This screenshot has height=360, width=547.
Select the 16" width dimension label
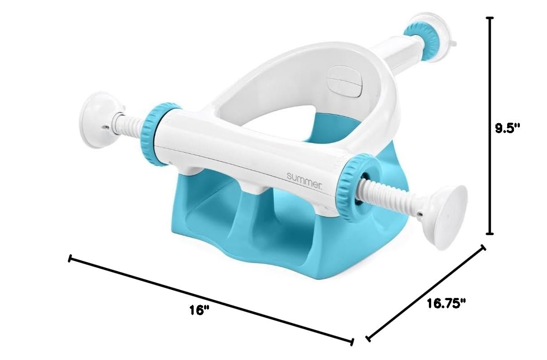pos(200,310)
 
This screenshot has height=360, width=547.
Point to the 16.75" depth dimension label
pos(447,303)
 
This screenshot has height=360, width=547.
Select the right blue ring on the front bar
pos(357,188)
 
